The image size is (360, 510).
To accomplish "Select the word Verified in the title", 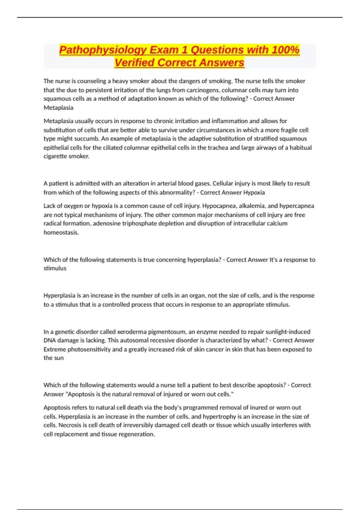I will (x=134, y=63).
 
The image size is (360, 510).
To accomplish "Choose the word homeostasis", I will (x=61, y=232).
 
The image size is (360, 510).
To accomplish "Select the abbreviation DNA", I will (x=49, y=340).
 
